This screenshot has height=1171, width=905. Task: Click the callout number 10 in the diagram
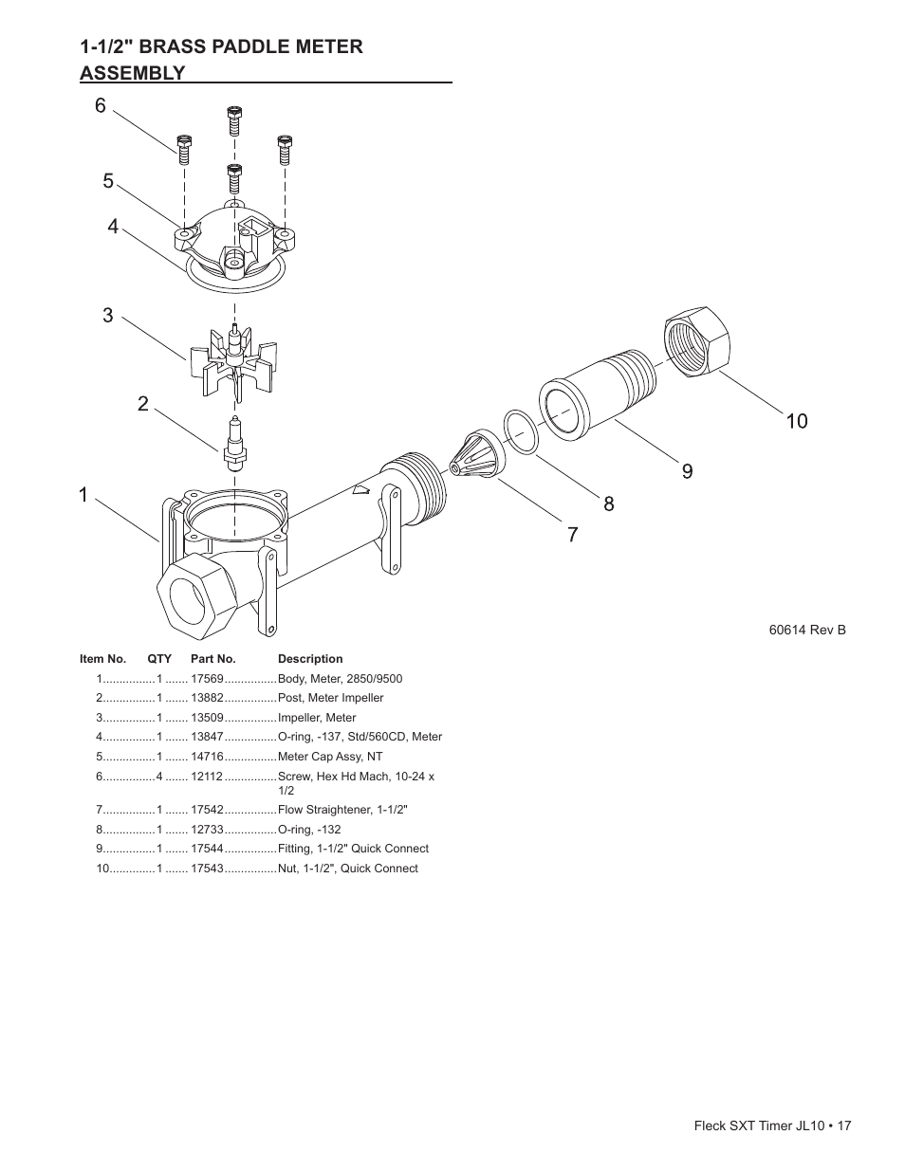[x=797, y=421]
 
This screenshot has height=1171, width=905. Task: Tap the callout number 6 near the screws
[x=101, y=105]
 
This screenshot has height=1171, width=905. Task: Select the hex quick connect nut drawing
[x=697, y=341]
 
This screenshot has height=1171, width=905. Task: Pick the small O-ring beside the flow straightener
[x=521, y=431]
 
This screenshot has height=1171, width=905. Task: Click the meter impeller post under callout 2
[x=234, y=445]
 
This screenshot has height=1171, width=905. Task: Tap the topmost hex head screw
[x=234, y=121]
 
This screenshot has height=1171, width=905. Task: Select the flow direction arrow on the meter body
[x=360, y=489]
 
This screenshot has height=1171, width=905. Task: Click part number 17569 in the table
[x=207, y=679]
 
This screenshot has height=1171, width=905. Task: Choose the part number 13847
[x=207, y=737]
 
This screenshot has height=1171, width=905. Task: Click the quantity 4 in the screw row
[x=159, y=777]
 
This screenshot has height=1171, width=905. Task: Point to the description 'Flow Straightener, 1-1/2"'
[x=342, y=810]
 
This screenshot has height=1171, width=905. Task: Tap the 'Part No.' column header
[x=213, y=659]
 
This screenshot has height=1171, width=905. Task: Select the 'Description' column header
[x=310, y=659]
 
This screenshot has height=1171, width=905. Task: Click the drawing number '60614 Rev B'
[x=807, y=630]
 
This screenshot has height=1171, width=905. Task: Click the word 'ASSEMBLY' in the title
[x=133, y=73]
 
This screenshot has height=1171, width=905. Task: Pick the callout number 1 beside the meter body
[x=83, y=495]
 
